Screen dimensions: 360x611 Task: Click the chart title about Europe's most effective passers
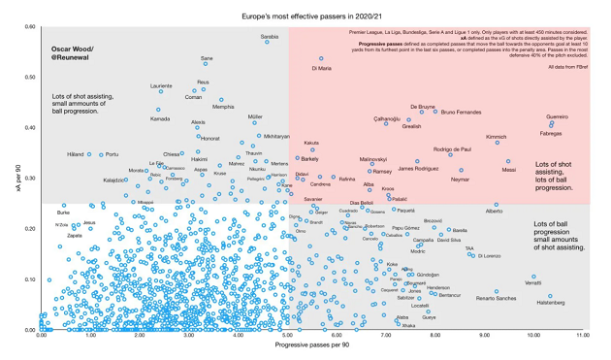pos(306,16)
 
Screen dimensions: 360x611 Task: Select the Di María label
pos(321,69)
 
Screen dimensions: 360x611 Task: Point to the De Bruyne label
pos(423,107)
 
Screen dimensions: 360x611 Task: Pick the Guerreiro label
pos(557,116)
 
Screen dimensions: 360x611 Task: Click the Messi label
pos(508,170)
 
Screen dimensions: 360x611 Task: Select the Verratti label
pos(533,282)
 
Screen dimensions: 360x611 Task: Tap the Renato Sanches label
pos(496,298)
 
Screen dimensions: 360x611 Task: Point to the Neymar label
pos(461,180)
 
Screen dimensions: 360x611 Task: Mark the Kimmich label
pos(496,137)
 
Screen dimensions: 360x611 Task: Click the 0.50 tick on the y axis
pos(30,77)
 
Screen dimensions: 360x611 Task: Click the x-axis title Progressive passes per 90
pos(312,345)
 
